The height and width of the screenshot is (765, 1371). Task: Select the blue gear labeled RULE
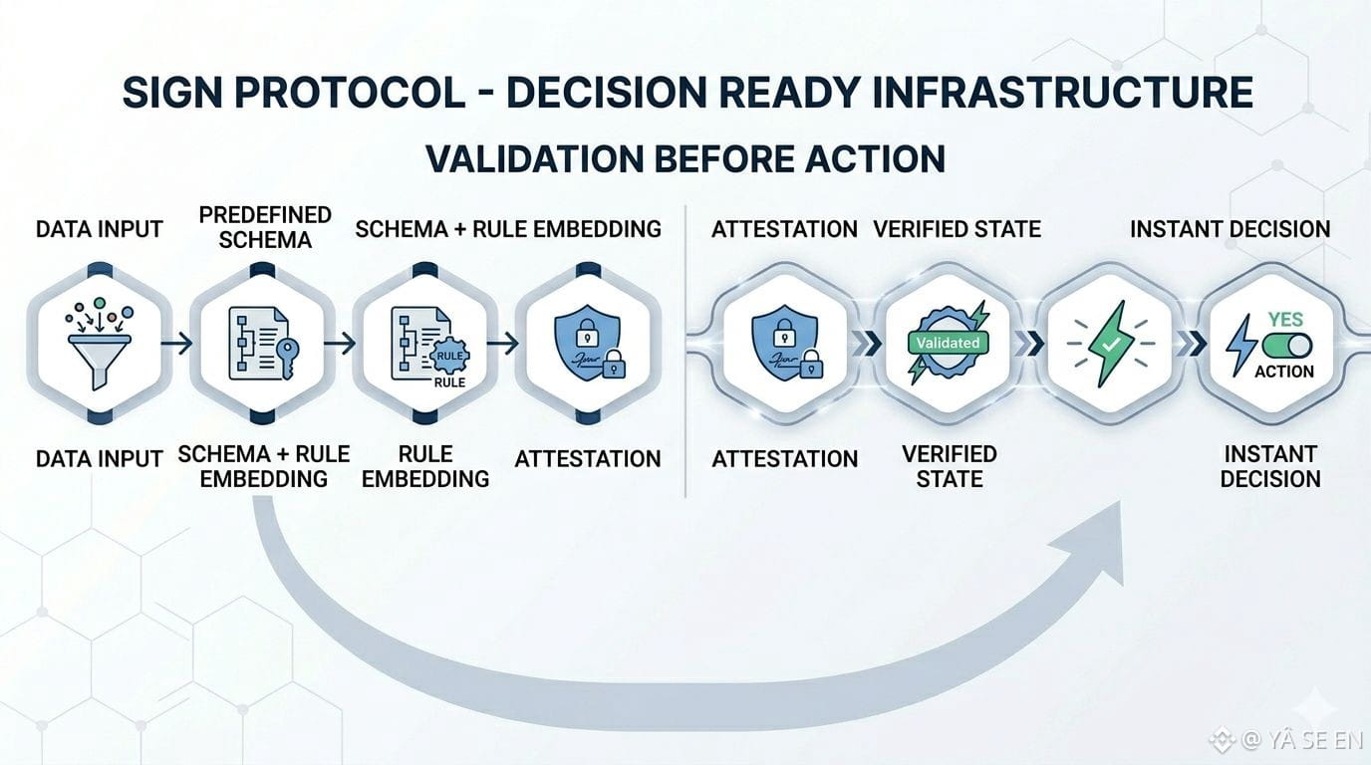tap(450, 356)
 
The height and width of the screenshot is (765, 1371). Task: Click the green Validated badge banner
tap(949, 343)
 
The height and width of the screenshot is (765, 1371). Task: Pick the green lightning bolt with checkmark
tap(1109, 344)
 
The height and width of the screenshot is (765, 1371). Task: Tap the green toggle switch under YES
tap(1286, 346)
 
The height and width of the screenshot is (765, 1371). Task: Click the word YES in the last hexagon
tap(1285, 320)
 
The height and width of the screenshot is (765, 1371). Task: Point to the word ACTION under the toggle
tap(1284, 372)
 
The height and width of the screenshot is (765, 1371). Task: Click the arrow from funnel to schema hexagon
tap(176, 344)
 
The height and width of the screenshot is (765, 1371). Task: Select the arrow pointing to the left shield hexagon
tap(502, 344)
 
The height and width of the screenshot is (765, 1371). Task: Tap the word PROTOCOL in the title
tap(350, 93)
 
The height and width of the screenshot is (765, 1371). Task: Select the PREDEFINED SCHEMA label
tap(265, 228)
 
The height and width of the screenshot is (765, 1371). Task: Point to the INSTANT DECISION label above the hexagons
tap(1231, 229)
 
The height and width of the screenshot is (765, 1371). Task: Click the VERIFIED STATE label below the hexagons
tap(950, 466)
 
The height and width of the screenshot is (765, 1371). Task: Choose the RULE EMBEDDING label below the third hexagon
tap(425, 466)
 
